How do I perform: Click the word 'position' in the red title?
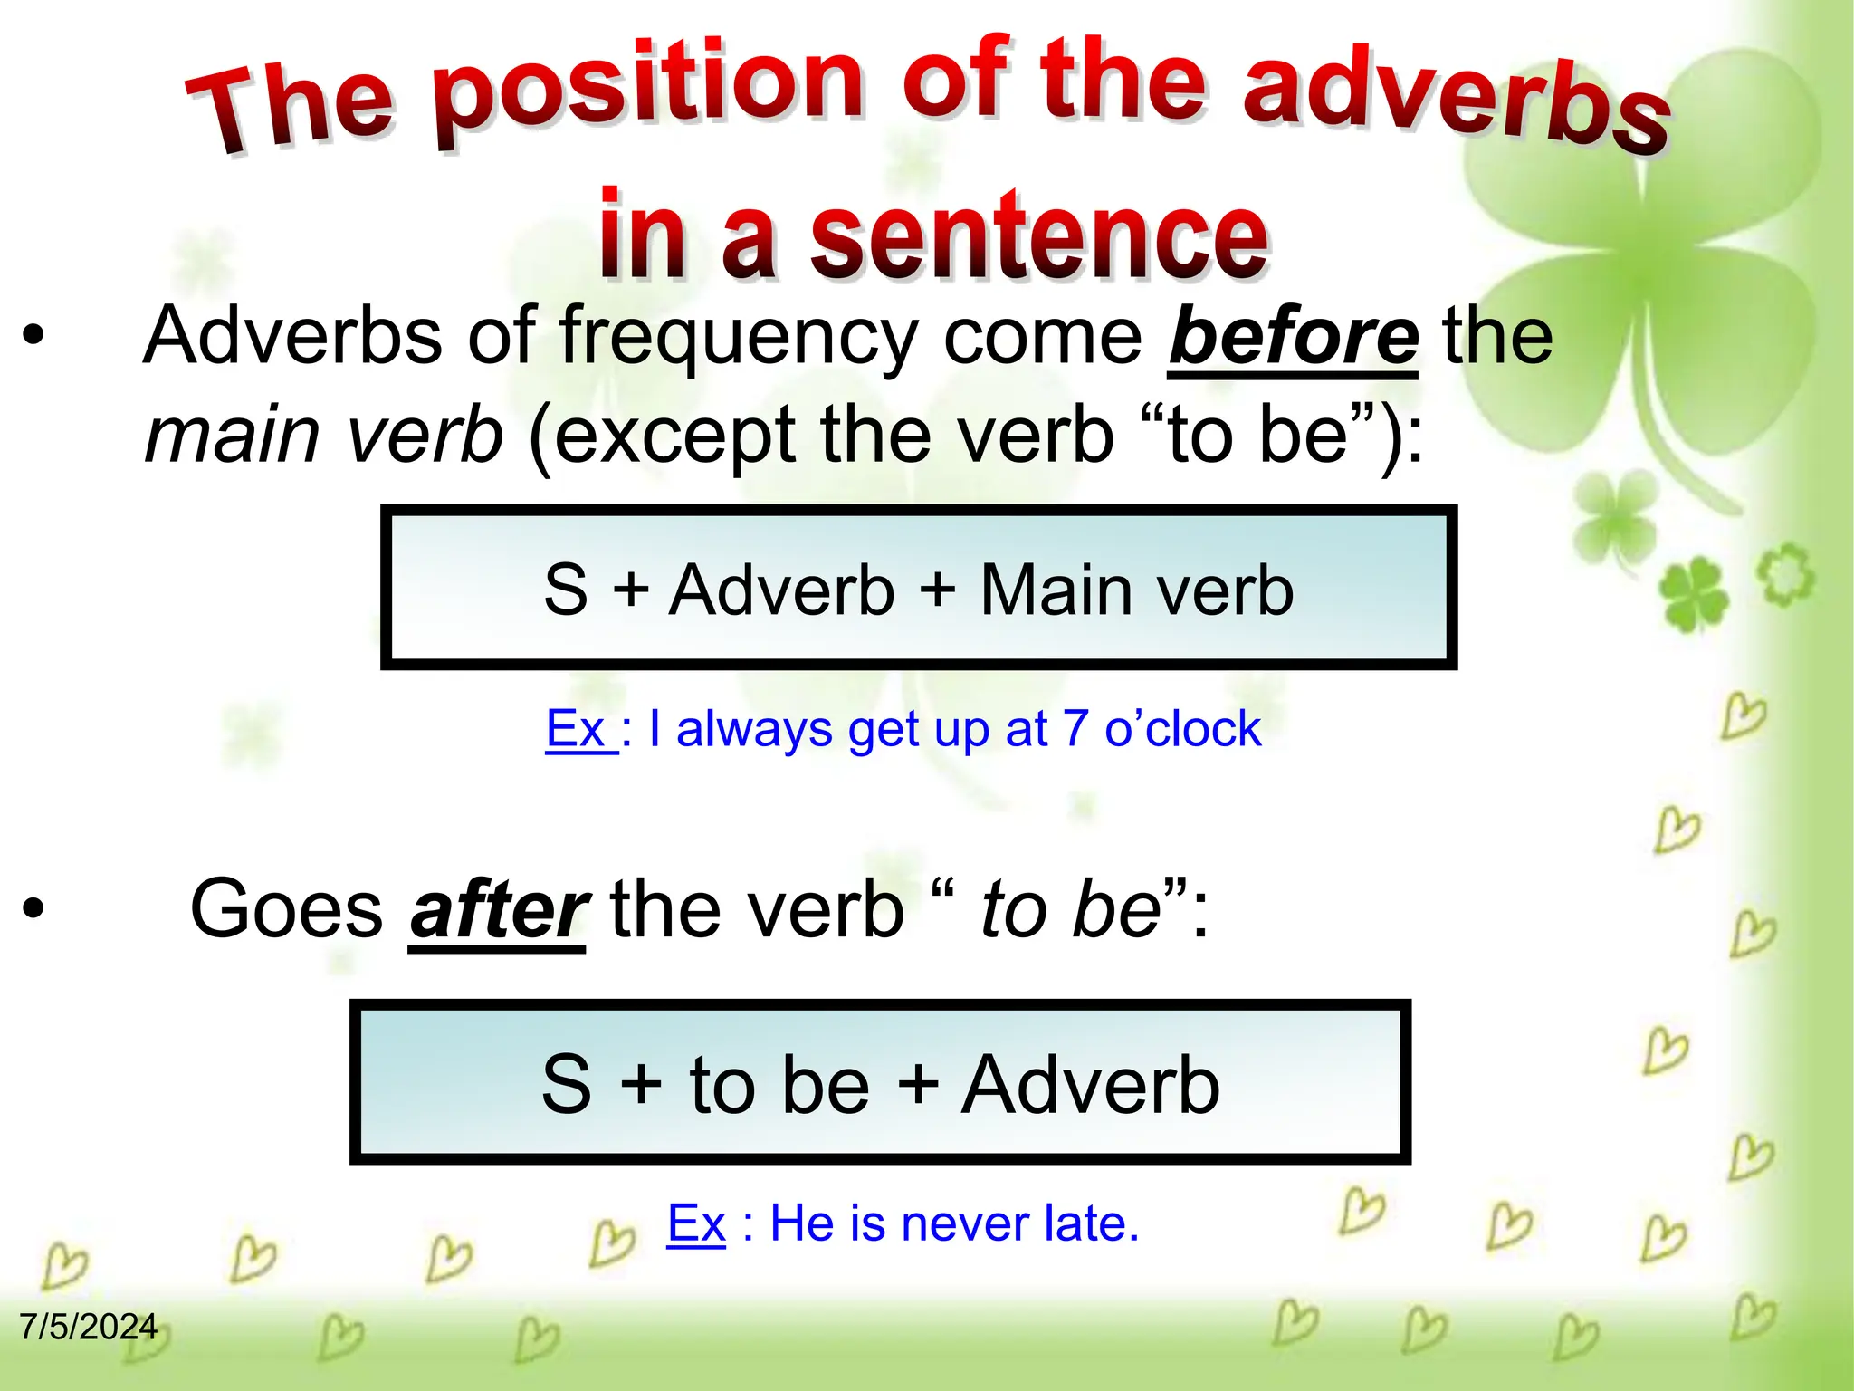(x=647, y=91)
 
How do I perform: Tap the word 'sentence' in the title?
(x=1039, y=237)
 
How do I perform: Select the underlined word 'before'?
(x=1293, y=337)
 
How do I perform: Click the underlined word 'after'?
(x=498, y=909)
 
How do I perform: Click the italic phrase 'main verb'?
(x=324, y=436)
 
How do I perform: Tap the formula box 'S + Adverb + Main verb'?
(x=918, y=589)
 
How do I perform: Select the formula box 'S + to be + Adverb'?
(x=880, y=1083)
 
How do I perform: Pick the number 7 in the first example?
(x=1075, y=729)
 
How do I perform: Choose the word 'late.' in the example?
(x=1092, y=1223)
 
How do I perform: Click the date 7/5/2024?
(x=89, y=1327)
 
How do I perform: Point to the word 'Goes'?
(x=286, y=909)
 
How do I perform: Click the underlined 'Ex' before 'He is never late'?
(x=696, y=1223)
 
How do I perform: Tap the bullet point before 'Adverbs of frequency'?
(x=33, y=337)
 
